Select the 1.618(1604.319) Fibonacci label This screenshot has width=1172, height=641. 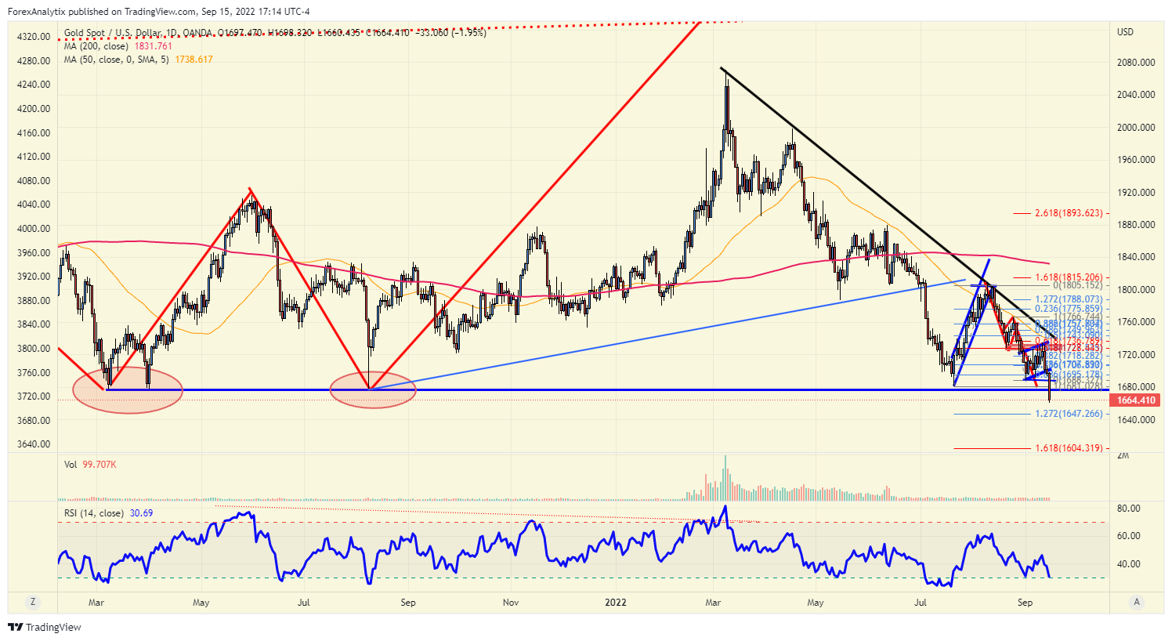pyautogui.click(x=1069, y=448)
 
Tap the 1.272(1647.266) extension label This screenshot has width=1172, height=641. pyautogui.click(x=1069, y=414)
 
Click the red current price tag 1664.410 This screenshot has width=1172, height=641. pyautogui.click(x=1136, y=400)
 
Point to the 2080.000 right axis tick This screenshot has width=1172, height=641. pyautogui.click(x=1136, y=63)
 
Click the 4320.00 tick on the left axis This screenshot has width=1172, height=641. pyautogui.click(x=34, y=37)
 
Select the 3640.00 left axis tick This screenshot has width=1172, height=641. pyautogui.click(x=34, y=444)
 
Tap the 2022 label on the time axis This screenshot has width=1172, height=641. pyautogui.click(x=616, y=603)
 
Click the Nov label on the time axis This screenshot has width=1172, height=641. pyautogui.click(x=511, y=603)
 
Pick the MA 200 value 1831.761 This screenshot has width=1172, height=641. pyautogui.click(x=153, y=46)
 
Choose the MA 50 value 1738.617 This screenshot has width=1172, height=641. pyautogui.click(x=194, y=60)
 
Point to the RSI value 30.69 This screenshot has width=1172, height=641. pyautogui.click(x=141, y=513)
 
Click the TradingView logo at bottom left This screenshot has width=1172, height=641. pyautogui.click(x=45, y=627)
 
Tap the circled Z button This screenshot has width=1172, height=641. pyautogui.click(x=33, y=602)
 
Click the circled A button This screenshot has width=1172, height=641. pyautogui.click(x=1137, y=602)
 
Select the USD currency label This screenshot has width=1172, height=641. pyautogui.click(x=1125, y=32)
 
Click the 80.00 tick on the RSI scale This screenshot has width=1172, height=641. pyautogui.click(x=1128, y=509)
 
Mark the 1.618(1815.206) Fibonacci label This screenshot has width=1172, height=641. pyautogui.click(x=1069, y=277)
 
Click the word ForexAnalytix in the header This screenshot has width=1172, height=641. pyautogui.click(x=36, y=12)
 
